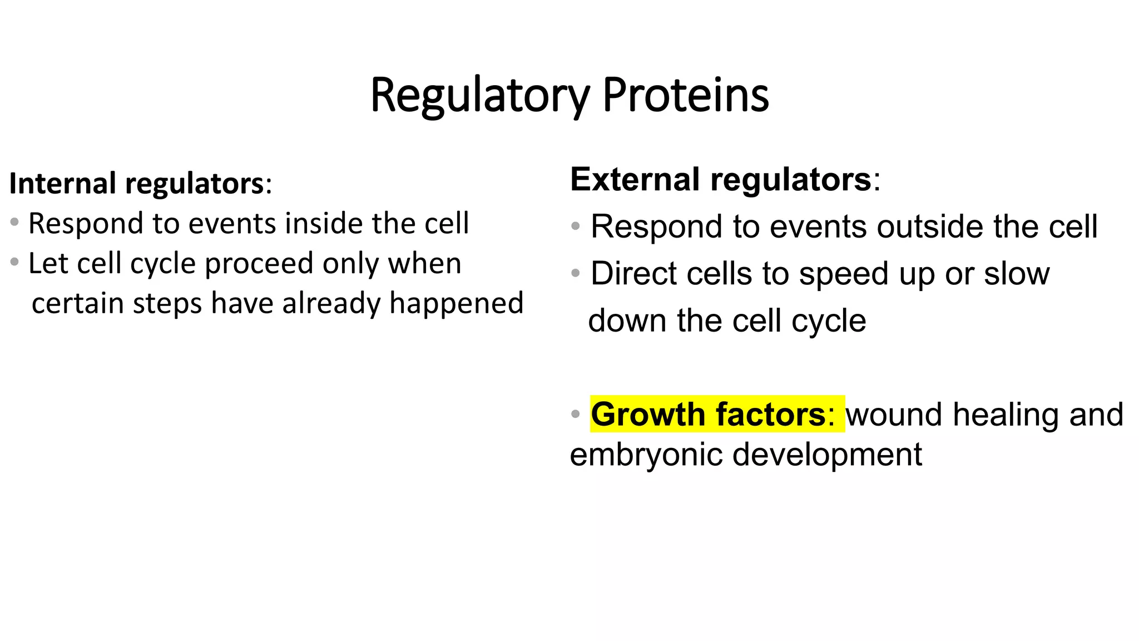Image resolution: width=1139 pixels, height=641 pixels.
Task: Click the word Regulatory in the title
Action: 479,96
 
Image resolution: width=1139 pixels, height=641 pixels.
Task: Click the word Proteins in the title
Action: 686,96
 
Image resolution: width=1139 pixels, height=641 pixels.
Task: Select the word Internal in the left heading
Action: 62,184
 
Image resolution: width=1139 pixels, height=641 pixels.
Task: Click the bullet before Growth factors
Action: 576,414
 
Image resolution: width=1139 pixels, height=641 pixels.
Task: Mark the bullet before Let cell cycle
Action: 14,261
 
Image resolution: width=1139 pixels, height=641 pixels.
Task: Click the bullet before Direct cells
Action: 576,273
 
